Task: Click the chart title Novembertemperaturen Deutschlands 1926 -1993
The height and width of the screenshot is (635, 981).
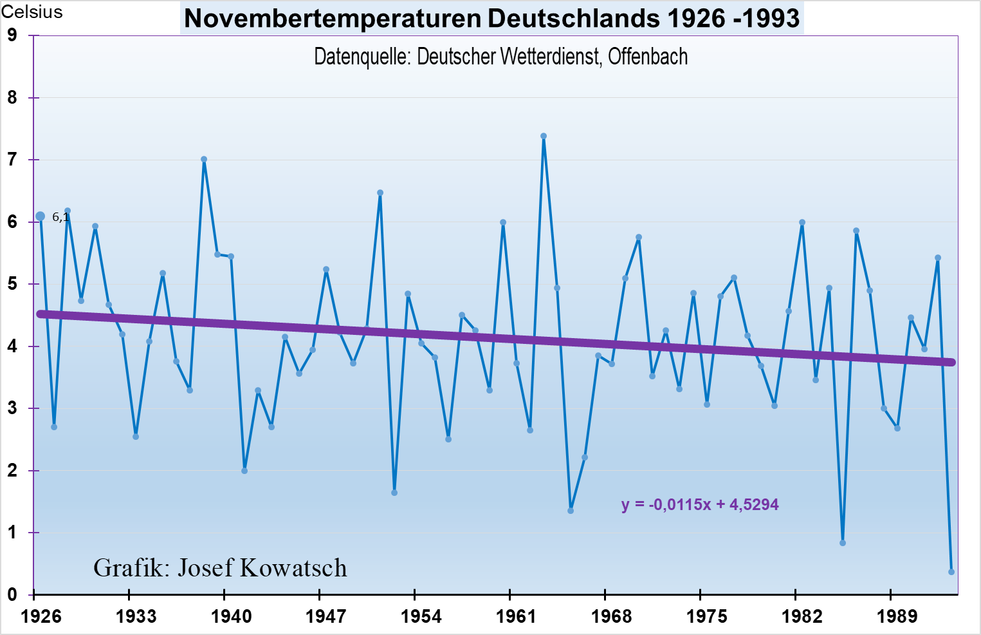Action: [x=492, y=18]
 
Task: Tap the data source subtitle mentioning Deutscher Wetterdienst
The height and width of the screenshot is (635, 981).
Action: [x=500, y=57]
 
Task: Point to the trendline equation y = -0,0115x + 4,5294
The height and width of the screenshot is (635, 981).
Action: [x=700, y=504]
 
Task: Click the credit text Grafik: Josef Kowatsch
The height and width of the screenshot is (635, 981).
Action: [x=220, y=568]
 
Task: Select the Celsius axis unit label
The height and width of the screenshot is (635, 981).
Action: [x=32, y=12]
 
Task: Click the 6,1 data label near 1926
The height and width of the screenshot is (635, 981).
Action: [x=60, y=217]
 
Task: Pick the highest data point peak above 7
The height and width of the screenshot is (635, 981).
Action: [x=544, y=137]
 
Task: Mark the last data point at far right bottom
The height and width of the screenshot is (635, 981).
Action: [x=951, y=572]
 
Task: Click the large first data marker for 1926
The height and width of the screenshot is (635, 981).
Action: [x=40, y=216]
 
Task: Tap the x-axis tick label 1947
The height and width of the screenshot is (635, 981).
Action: [x=326, y=617]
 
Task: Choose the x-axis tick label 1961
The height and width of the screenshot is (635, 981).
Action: [x=516, y=617]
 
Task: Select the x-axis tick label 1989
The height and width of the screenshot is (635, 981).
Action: [x=897, y=617]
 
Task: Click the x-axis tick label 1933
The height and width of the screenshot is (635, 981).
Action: [x=136, y=617]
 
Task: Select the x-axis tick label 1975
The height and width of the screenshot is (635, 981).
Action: [x=706, y=617]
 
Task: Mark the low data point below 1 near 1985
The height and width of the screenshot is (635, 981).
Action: [x=843, y=543]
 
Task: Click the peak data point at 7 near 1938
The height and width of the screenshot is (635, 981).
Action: [x=204, y=159]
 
